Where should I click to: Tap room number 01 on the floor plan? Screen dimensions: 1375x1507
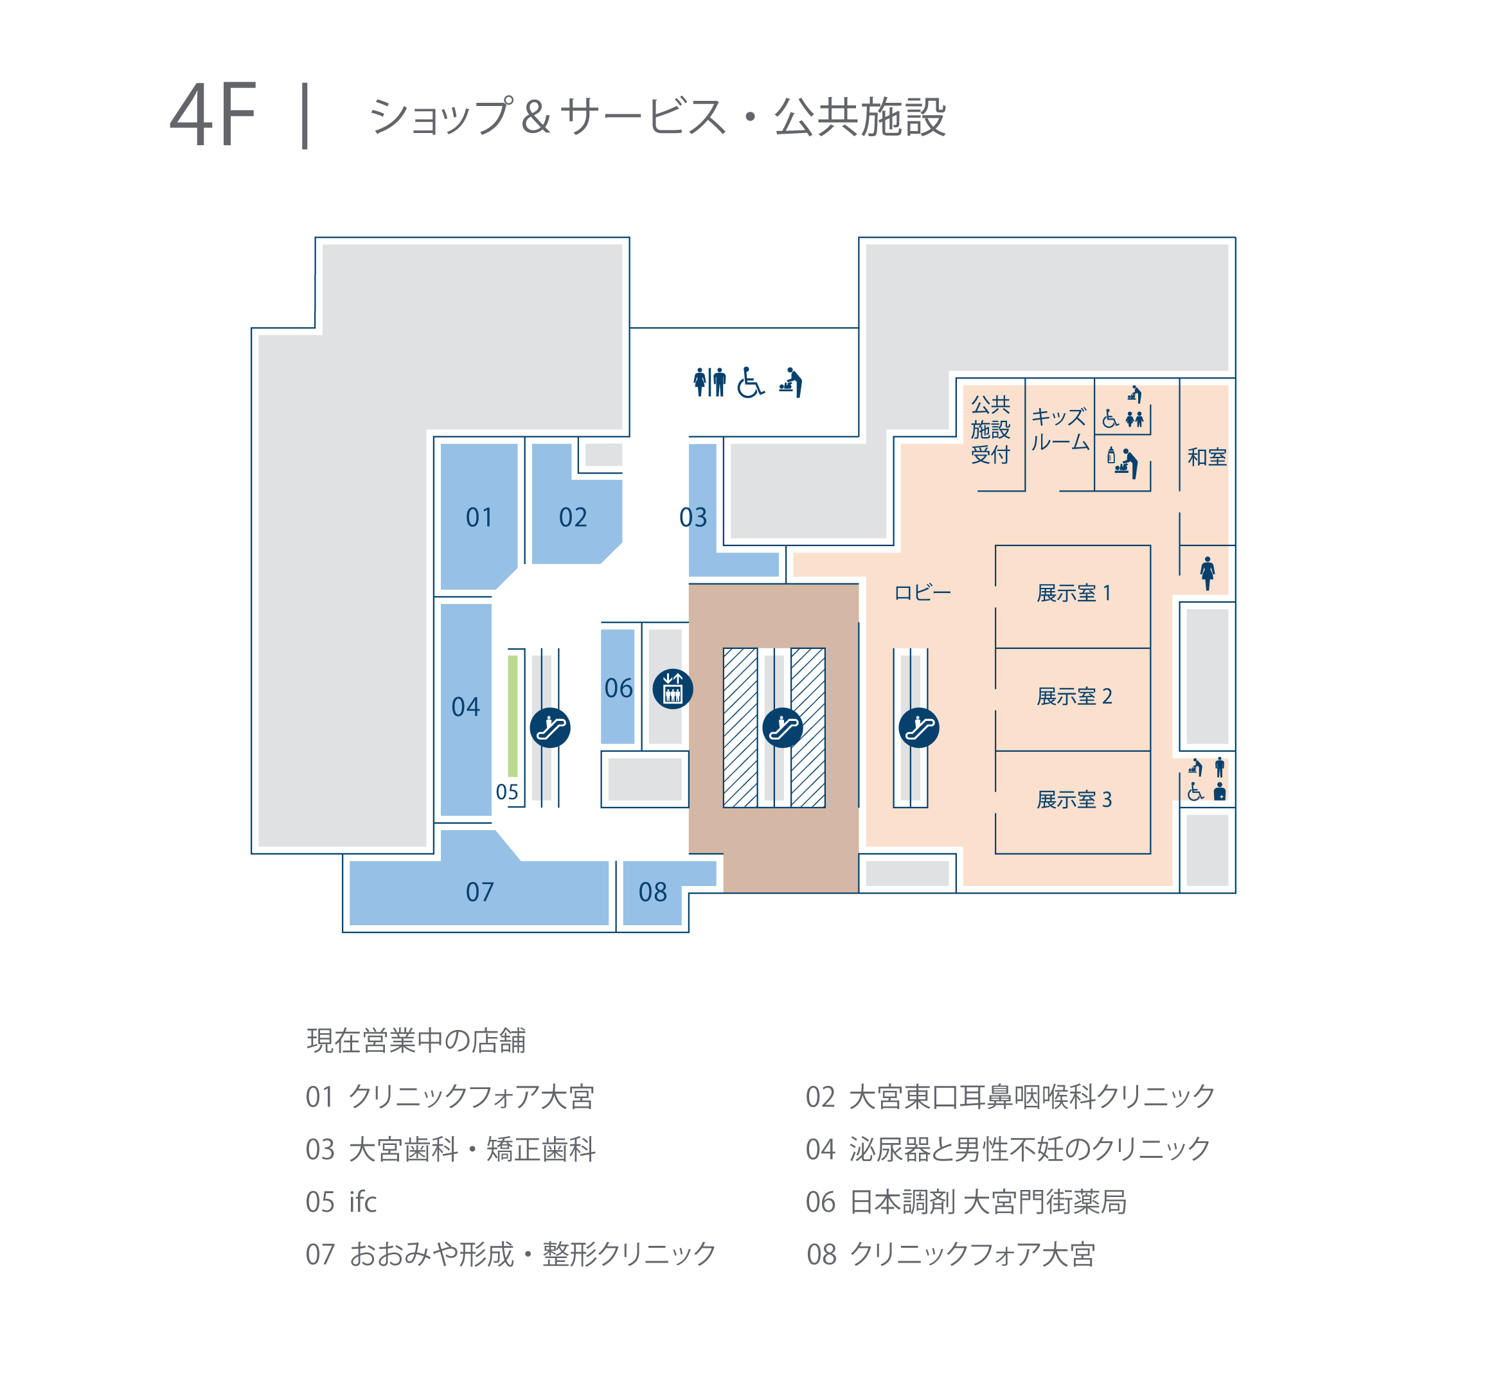pos(479,517)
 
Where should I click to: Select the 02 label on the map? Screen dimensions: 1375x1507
pos(573,517)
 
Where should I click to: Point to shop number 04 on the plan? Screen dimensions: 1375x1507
pos(466,707)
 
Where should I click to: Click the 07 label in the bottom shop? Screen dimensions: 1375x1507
pos(479,892)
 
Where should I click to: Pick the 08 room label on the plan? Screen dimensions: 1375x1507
pos(652,892)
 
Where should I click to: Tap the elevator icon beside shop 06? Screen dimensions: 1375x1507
pos(673,689)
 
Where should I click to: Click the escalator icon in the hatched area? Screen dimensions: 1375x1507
pos(783,728)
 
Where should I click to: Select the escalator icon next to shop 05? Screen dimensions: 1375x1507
pos(550,728)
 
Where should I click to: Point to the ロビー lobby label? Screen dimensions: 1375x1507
pos(922,592)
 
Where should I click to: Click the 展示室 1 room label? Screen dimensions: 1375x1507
pos(1073,593)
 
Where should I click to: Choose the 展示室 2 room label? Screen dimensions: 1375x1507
pos(1073,696)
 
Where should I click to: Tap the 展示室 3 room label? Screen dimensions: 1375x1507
pos(1073,799)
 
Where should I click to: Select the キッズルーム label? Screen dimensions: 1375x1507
pos(1059,430)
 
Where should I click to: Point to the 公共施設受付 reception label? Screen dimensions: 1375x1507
pos(990,430)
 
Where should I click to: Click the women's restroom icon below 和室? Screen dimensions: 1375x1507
pos(1208,573)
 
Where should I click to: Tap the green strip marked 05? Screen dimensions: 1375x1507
pos(513,716)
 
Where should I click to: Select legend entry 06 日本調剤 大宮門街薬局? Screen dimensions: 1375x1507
pos(966,1202)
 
